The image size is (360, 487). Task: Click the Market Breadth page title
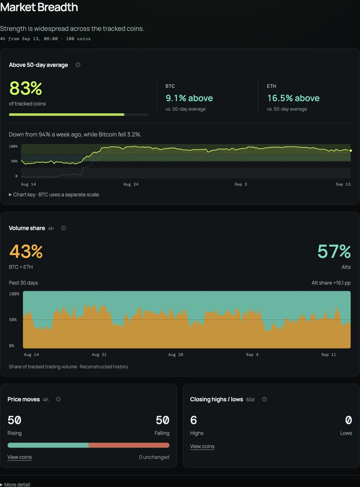coord(39,7)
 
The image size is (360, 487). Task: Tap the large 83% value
coord(26,88)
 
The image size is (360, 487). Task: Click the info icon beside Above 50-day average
coord(78,65)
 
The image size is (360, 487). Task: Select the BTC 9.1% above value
coord(189,98)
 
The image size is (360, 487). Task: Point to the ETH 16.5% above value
coord(293,98)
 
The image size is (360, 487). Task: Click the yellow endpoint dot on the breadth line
coord(351,151)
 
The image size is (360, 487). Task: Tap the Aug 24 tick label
coord(131,184)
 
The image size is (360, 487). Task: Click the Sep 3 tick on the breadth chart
coord(241,184)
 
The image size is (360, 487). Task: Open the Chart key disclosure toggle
coord(10,194)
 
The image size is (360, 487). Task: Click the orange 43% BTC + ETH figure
coord(26,252)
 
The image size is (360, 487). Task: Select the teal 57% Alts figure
coord(334,252)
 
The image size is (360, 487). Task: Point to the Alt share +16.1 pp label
coord(331,283)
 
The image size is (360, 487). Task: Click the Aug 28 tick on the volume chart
coord(176,355)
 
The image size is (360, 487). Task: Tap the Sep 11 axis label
coord(328,355)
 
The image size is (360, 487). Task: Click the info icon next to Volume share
coord(64,228)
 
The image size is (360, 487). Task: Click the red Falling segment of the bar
coord(129,445)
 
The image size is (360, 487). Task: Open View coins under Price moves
coord(19,457)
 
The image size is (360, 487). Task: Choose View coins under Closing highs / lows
coord(202,446)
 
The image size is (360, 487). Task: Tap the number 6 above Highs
coord(194,420)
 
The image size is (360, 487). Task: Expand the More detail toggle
coord(15,484)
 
